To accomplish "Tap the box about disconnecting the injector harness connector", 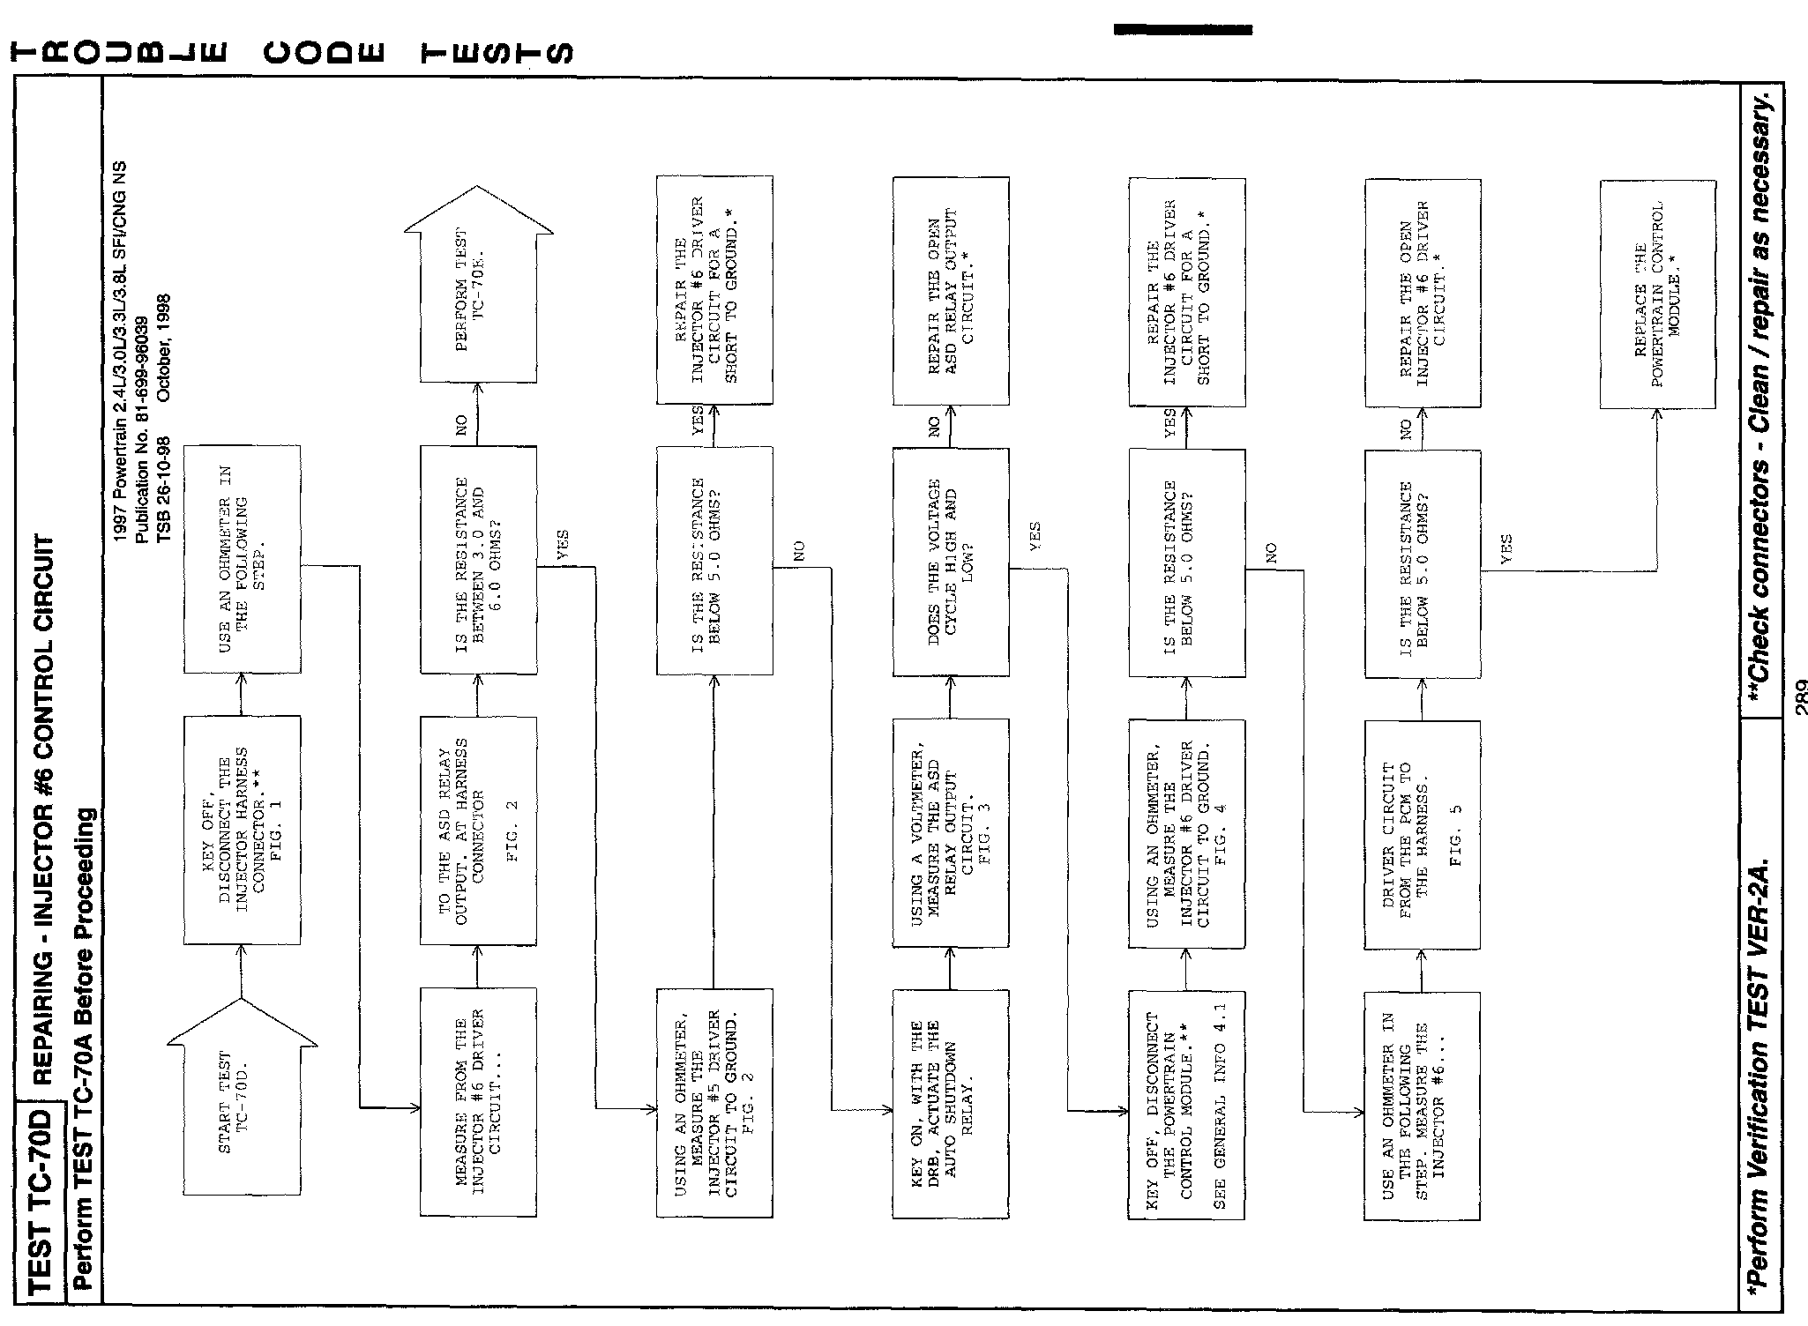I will tap(242, 830).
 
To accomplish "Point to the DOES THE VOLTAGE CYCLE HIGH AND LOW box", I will tap(950, 562).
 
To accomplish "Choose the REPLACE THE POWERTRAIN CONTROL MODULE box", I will tap(1657, 294).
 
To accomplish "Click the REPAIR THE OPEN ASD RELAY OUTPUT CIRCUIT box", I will tap(950, 291).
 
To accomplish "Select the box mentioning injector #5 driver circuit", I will tap(713, 1102).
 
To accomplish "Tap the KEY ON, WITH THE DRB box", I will tap(950, 1104).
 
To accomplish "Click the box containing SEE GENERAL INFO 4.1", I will tap(1186, 1104).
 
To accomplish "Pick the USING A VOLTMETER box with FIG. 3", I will tap(950, 833).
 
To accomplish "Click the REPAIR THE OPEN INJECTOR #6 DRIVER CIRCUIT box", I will tap(1422, 294).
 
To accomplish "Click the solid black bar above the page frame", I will tap(1182, 30).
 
